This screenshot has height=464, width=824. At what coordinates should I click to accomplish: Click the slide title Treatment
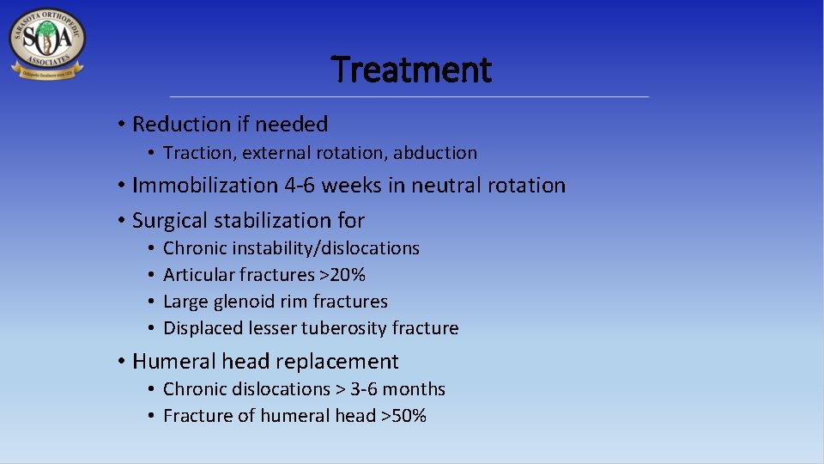click(x=411, y=70)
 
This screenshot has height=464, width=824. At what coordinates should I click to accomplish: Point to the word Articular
click(x=196, y=275)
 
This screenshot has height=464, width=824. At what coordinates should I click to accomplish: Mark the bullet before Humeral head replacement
click(x=123, y=362)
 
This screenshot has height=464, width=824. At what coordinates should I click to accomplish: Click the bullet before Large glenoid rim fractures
click(x=150, y=302)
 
